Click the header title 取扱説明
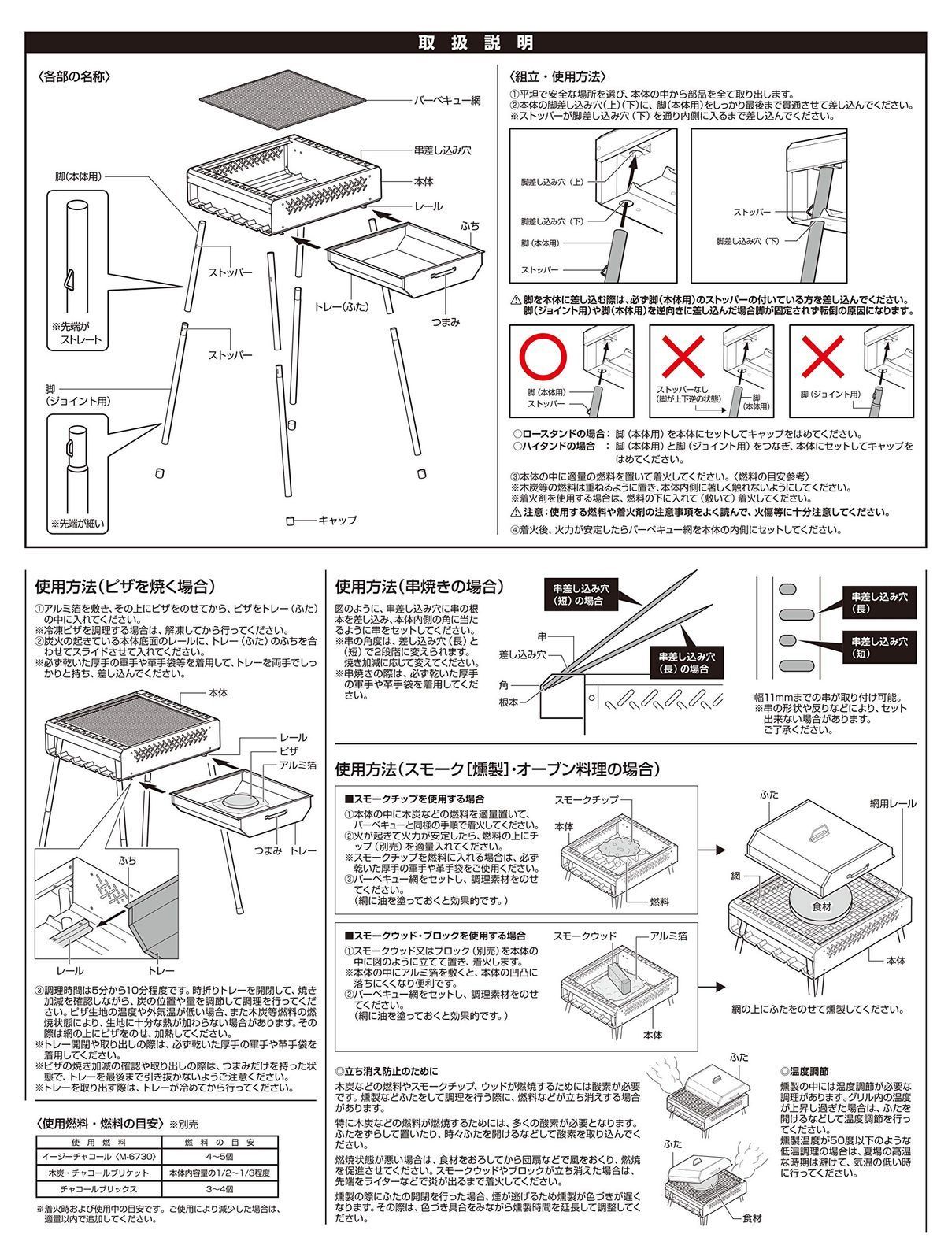[x=476, y=43]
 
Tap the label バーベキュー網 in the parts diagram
[x=447, y=101]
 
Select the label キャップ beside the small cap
[x=338, y=520]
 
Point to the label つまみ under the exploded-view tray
[x=446, y=322]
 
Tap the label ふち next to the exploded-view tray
[x=470, y=226]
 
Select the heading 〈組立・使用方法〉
[x=557, y=76]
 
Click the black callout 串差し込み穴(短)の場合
[x=581, y=595]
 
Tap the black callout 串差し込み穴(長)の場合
[x=687, y=662]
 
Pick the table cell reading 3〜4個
[x=220, y=1189]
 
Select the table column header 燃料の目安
[x=220, y=1143]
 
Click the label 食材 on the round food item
[x=821, y=906]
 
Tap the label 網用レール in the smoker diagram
[x=893, y=804]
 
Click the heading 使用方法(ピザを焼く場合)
[x=125, y=586]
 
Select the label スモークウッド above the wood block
[x=585, y=936]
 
